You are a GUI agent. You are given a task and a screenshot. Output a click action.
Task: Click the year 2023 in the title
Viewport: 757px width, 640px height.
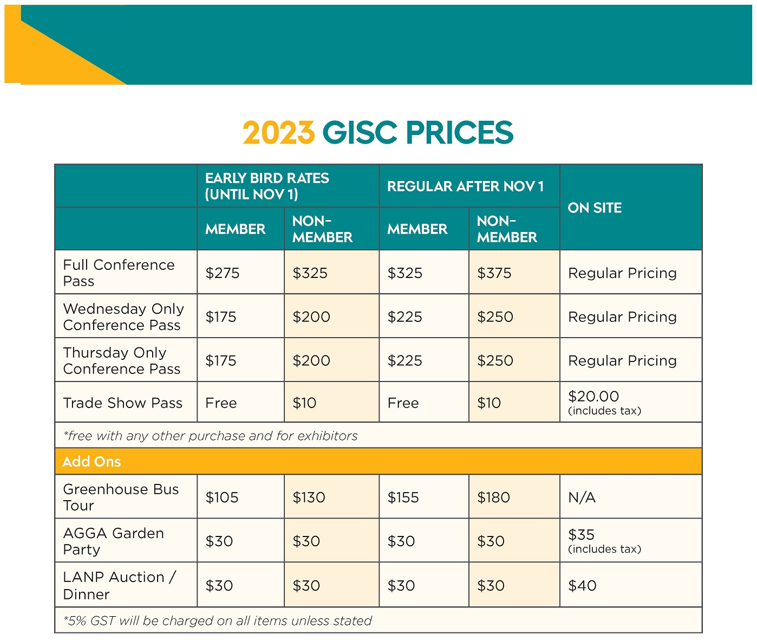click(x=278, y=133)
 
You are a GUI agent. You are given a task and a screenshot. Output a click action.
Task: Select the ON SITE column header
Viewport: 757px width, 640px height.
click(x=595, y=208)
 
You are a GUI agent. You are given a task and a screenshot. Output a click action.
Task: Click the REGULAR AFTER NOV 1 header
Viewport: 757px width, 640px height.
click(x=465, y=186)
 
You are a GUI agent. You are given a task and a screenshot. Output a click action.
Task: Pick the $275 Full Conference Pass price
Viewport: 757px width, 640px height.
click(x=223, y=273)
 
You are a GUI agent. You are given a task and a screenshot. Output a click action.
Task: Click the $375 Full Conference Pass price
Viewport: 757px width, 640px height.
click(x=494, y=273)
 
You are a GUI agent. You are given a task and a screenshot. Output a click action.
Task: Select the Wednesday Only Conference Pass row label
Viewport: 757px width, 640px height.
click(x=123, y=317)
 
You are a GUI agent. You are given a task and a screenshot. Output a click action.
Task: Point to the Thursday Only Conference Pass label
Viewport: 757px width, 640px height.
click(x=121, y=361)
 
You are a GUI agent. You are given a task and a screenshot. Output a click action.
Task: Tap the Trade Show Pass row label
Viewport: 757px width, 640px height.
click(x=122, y=403)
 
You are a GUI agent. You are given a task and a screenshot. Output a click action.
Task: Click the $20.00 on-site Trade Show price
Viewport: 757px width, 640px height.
click(x=593, y=397)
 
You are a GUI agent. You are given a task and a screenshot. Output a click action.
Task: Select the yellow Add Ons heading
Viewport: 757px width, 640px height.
click(x=92, y=462)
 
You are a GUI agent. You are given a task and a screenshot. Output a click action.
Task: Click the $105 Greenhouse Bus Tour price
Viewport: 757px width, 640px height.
click(x=221, y=497)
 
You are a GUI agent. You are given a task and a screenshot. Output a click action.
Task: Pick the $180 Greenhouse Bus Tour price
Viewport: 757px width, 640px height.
click(x=493, y=497)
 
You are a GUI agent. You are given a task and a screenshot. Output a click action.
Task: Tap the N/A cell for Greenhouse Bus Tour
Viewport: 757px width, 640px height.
click(x=582, y=497)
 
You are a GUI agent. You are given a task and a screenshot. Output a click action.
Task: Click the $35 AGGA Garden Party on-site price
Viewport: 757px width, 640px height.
click(x=581, y=535)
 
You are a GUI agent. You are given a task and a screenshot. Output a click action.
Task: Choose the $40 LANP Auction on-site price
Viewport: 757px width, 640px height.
click(x=582, y=586)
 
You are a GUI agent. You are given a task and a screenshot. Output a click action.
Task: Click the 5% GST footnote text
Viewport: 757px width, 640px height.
click(x=218, y=621)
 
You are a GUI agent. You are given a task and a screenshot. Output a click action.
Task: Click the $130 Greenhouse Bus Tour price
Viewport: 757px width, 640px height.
click(x=309, y=497)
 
